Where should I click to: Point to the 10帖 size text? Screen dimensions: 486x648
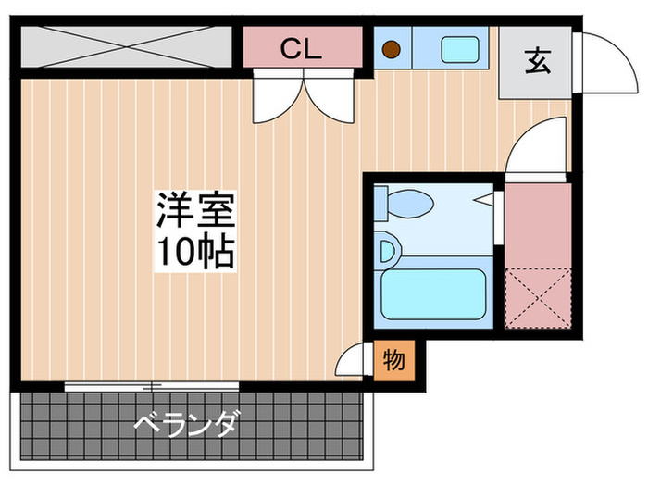pyautogui.click(x=195, y=252)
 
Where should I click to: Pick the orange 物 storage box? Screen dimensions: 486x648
pyautogui.click(x=393, y=360)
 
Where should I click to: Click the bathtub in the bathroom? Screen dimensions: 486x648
pyautogui.click(x=434, y=294)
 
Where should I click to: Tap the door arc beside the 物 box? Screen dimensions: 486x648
pyautogui.click(x=353, y=359)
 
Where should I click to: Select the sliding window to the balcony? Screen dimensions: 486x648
pyautogui.click(x=153, y=384)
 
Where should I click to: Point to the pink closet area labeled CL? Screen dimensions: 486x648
pyautogui.click(x=302, y=48)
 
